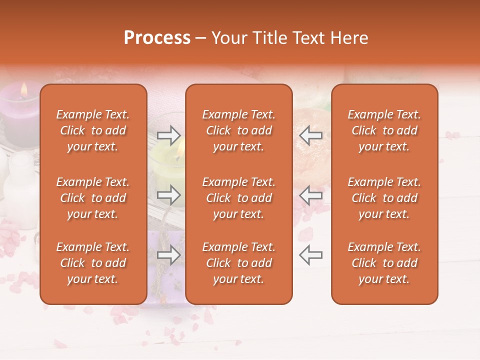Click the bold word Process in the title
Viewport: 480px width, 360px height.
click(x=157, y=38)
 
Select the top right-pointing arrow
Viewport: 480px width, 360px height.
click(x=168, y=135)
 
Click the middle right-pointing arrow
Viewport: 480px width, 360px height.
click(x=168, y=195)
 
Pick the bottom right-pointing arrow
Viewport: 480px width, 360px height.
click(x=168, y=255)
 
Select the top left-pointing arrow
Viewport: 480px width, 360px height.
click(x=310, y=135)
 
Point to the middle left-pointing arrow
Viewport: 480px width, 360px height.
click(x=310, y=195)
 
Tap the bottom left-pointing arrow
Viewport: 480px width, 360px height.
click(x=310, y=255)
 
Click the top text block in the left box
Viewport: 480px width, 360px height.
click(x=93, y=130)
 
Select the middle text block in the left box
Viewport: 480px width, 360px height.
click(x=93, y=198)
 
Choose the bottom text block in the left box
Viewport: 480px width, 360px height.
click(x=93, y=263)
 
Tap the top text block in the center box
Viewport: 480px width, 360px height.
click(x=238, y=130)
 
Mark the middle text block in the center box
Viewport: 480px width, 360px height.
click(x=238, y=198)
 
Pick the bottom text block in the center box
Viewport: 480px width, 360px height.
click(x=238, y=263)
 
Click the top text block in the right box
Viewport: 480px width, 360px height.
click(x=384, y=130)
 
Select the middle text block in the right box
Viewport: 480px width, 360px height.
click(x=384, y=198)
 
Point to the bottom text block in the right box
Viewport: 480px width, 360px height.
click(x=384, y=263)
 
